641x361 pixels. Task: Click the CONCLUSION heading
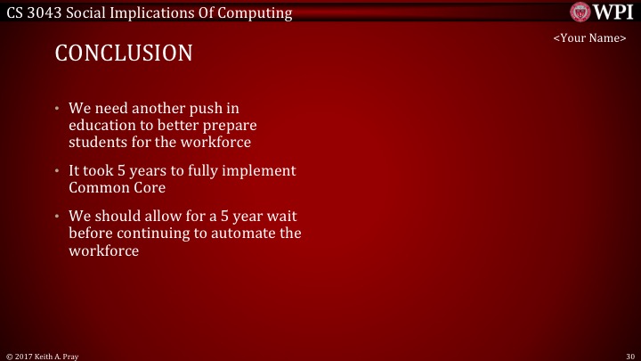(x=124, y=53)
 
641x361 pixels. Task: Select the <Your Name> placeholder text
(x=589, y=38)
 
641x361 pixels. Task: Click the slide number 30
(x=629, y=355)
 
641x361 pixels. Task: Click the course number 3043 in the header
(x=47, y=12)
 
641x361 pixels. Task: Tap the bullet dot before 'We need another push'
(x=57, y=109)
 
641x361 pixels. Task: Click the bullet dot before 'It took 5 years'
(x=57, y=171)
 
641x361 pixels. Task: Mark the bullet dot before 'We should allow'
(x=57, y=217)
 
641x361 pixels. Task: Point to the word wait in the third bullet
(x=283, y=217)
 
